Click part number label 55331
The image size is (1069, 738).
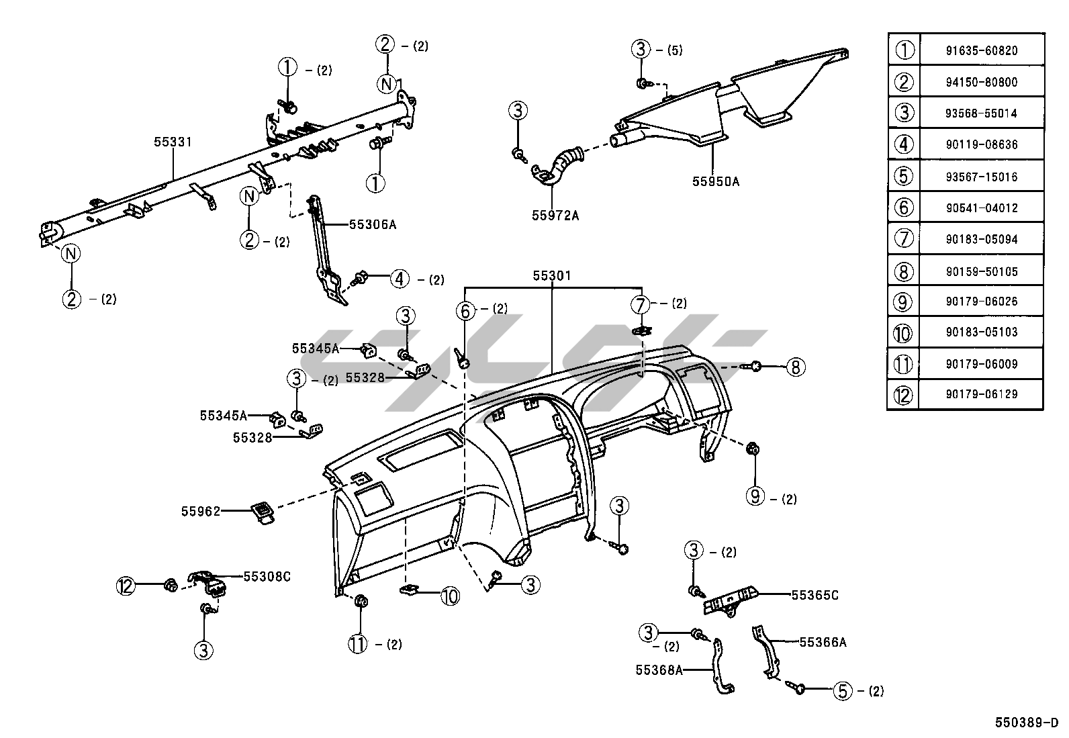coord(173,142)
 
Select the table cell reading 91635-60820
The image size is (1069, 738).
coord(981,50)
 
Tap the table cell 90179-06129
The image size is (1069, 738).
coord(981,394)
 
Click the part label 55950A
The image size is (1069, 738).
coord(716,181)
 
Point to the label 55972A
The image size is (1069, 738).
coord(555,215)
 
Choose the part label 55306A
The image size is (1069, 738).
coord(373,224)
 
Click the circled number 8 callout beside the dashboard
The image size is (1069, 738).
coord(795,367)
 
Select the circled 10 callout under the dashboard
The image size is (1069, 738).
coord(450,595)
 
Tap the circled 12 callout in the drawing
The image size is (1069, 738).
coord(126,586)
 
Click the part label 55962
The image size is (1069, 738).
coord(200,511)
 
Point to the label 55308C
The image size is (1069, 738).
coord(267,576)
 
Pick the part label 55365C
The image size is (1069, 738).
coord(815,595)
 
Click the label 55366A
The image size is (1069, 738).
coord(823,643)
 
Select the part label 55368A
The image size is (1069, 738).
coord(659,670)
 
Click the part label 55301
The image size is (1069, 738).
coord(552,275)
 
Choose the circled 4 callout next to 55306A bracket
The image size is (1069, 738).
coord(400,278)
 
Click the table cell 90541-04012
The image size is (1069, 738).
coord(981,208)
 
